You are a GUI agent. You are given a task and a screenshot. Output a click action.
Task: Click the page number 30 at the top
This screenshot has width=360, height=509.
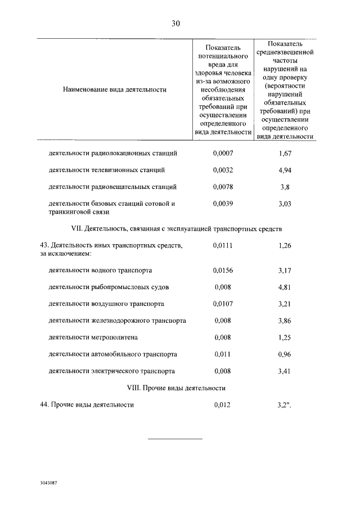pyautogui.click(x=175, y=23)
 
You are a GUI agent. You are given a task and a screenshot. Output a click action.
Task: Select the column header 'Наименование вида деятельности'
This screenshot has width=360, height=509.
pyautogui.click(x=115, y=89)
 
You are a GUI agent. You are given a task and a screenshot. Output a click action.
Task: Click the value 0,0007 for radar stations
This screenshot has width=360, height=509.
pyautogui.click(x=223, y=153)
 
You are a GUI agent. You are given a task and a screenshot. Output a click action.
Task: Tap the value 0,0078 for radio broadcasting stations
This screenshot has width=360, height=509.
pyautogui.click(x=223, y=187)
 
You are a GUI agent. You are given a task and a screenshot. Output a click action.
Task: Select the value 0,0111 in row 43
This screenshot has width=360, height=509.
pyautogui.click(x=223, y=246)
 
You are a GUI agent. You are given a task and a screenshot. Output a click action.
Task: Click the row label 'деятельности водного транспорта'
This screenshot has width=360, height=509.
pyautogui.click(x=100, y=270)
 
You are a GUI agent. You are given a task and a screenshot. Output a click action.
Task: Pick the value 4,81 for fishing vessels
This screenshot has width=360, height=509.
pyautogui.click(x=286, y=287)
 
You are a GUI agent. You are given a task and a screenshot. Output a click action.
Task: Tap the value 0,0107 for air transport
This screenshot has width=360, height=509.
pyautogui.click(x=223, y=304)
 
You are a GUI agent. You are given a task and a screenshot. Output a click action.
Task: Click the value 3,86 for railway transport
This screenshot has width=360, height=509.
pyautogui.click(x=286, y=321)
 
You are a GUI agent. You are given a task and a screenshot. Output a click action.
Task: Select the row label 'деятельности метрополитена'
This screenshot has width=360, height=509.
pyautogui.click(x=93, y=337)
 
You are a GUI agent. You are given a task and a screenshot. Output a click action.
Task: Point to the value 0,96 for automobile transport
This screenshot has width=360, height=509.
pyautogui.click(x=286, y=354)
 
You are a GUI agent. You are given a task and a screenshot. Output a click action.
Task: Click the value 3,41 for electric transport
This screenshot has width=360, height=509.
pyautogui.click(x=286, y=371)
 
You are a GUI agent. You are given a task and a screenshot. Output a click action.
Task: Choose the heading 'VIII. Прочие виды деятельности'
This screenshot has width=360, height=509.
pyautogui.click(x=175, y=388)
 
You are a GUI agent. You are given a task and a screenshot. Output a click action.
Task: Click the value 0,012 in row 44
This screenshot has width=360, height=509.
pyautogui.click(x=223, y=405)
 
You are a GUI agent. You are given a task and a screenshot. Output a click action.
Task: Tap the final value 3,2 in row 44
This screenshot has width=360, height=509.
pyautogui.click(x=285, y=405)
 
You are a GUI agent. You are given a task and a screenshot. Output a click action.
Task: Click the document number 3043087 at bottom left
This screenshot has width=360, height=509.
pyautogui.click(x=49, y=483)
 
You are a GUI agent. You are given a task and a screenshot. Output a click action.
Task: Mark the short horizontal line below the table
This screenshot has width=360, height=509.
pyautogui.click(x=175, y=439)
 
